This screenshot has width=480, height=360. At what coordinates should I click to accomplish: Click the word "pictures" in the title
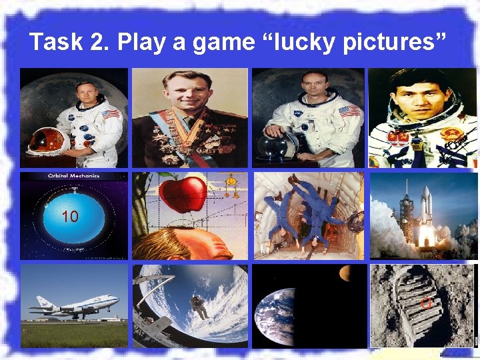389,43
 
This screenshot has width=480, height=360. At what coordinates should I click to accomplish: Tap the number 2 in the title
97,43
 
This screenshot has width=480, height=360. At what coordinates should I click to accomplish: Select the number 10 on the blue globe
70,217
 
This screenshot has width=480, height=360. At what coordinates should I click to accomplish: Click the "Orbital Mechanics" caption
73,176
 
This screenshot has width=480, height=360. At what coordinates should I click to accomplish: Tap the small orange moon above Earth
345,272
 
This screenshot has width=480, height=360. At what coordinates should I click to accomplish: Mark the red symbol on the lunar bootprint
424,305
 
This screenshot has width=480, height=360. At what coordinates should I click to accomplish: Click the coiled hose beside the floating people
355,220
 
